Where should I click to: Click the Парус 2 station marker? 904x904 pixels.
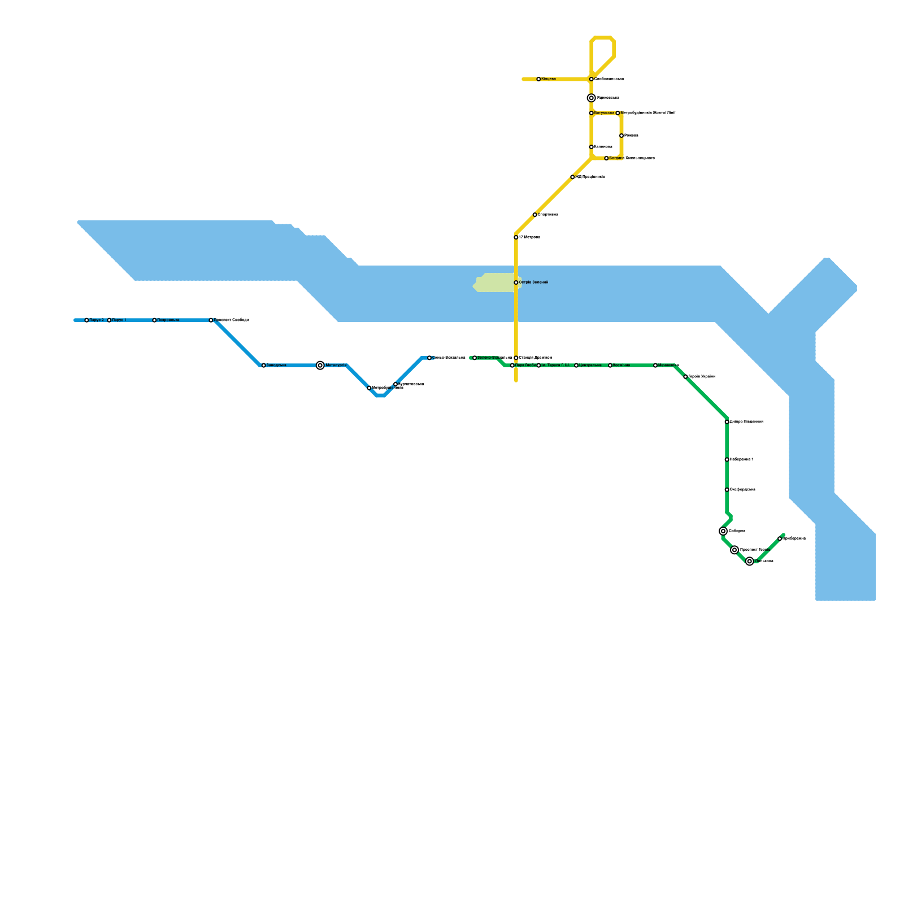click(86, 320)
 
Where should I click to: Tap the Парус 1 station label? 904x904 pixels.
click(119, 320)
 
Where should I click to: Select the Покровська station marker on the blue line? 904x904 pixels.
click(154, 320)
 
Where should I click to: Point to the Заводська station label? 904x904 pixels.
click(276, 366)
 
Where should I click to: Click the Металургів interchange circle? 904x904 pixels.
click(320, 366)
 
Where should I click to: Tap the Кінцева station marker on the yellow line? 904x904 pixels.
click(538, 79)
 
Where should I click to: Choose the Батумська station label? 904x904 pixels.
click(604, 113)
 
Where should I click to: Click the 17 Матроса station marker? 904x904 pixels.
click(516, 237)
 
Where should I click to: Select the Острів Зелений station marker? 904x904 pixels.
click(516, 282)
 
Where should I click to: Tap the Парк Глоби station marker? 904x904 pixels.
click(512, 366)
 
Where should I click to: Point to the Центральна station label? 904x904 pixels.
click(590, 366)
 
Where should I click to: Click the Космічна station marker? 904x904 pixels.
click(610, 366)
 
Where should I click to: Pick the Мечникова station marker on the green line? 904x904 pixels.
click(655, 366)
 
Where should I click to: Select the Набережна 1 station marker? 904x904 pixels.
click(727, 460)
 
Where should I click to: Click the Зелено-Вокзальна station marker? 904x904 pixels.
click(475, 358)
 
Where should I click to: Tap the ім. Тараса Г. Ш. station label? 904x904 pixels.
click(555, 366)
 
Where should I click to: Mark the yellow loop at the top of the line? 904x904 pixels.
click(603, 51)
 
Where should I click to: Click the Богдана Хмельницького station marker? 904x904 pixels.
click(606, 158)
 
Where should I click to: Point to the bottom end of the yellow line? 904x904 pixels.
click(516, 381)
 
